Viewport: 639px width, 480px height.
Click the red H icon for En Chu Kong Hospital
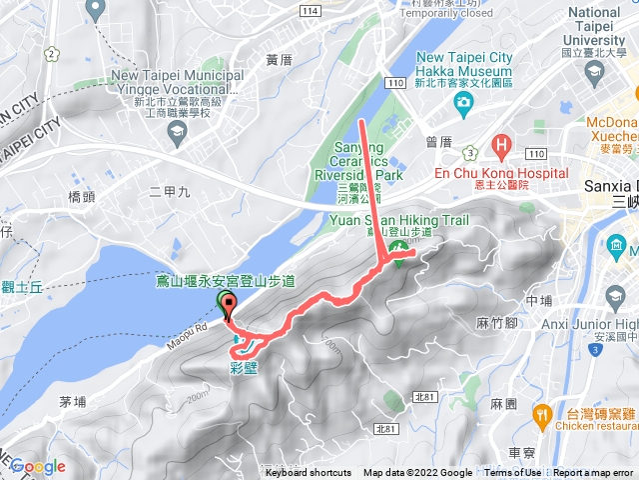(500, 144)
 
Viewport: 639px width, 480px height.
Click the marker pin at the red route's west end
(228, 306)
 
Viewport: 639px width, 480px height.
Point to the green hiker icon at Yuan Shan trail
(397, 247)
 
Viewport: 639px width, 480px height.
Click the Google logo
(38, 466)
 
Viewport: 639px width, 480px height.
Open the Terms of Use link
(512, 473)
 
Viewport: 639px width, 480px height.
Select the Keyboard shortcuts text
(309, 473)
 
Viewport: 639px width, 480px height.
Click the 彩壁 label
(244, 367)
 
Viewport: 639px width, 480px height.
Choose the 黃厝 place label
(279, 60)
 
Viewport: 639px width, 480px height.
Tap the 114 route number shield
(314, 10)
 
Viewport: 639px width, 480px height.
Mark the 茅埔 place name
(74, 401)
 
